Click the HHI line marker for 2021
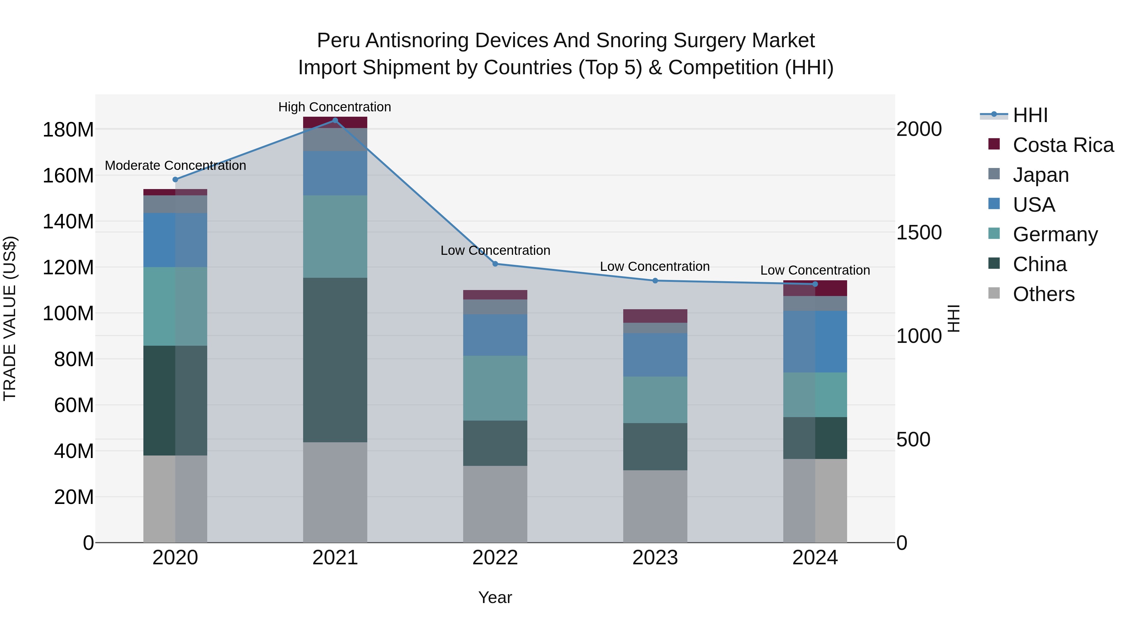[335, 120]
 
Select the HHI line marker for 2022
[495, 264]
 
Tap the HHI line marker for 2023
[655, 281]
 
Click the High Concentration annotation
[335, 107]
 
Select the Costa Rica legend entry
[1063, 145]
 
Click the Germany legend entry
[1055, 234]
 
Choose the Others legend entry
[1044, 294]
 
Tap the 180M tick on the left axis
[68, 130]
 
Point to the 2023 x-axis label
[655, 558]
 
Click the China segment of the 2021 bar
[335, 360]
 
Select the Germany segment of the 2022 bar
[495, 388]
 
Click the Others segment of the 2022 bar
[495, 504]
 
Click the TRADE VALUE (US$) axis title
[10, 318]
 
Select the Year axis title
[495, 597]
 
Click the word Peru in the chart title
[338, 41]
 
